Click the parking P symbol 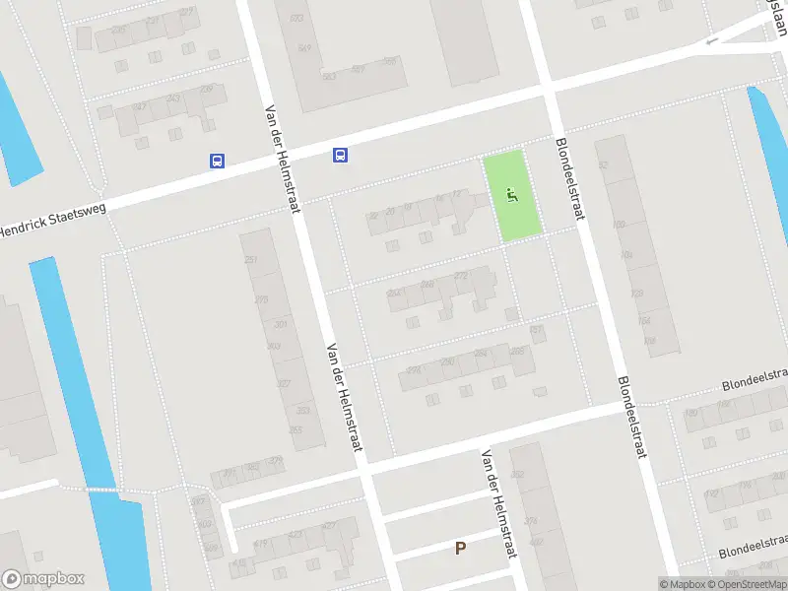pyautogui.click(x=459, y=548)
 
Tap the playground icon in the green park pyautogui.click(x=510, y=195)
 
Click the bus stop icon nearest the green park pyautogui.click(x=340, y=154)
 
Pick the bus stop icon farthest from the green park pyautogui.click(x=217, y=162)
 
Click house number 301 pyautogui.click(x=281, y=324)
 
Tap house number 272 pyautogui.click(x=460, y=276)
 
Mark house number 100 pyautogui.click(x=618, y=225)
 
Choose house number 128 pyautogui.click(x=636, y=294)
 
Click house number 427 pyautogui.click(x=328, y=526)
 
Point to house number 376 pyautogui.click(x=531, y=521)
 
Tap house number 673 pyautogui.click(x=296, y=18)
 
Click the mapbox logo pyautogui.click(x=43, y=579)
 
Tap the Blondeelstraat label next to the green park pyautogui.click(x=570, y=177)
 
